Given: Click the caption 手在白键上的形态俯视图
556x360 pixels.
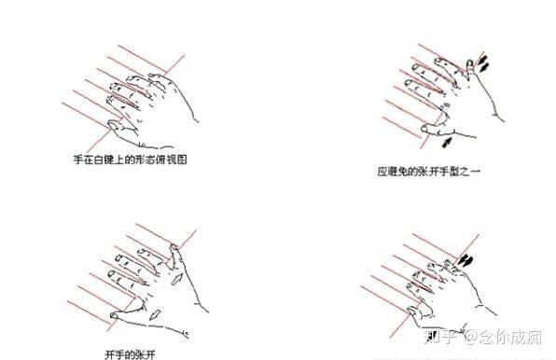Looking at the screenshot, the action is click(130, 159).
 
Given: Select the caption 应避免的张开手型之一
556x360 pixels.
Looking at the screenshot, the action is click(429, 172).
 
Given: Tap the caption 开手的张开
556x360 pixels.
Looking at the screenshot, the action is click(130, 354).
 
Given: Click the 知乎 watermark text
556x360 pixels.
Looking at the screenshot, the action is click(440, 337).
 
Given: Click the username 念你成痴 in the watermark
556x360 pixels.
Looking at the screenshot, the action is click(510, 337).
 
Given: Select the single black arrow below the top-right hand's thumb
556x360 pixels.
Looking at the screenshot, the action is click(447, 142).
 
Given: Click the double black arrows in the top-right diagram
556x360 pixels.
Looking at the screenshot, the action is click(483, 62).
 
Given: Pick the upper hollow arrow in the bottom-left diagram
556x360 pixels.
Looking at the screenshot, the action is click(177, 279).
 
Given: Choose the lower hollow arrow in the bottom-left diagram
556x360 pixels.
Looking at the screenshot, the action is click(155, 314).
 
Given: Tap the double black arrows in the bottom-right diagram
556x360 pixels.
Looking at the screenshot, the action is click(465, 261).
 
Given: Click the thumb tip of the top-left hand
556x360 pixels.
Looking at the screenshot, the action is click(110, 124).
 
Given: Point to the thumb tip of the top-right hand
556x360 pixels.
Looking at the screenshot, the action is click(424, 129).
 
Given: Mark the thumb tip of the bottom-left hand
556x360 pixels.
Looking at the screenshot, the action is click(114, 315).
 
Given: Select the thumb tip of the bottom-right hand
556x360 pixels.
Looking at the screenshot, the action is click(410, 311).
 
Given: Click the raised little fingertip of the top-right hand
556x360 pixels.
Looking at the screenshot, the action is click(470, 63).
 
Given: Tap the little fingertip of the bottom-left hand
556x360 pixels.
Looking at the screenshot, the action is click(174, 247).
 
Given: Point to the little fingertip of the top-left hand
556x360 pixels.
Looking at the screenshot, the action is click(151, 76).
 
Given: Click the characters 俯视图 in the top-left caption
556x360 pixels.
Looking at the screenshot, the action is click(172, 159).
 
